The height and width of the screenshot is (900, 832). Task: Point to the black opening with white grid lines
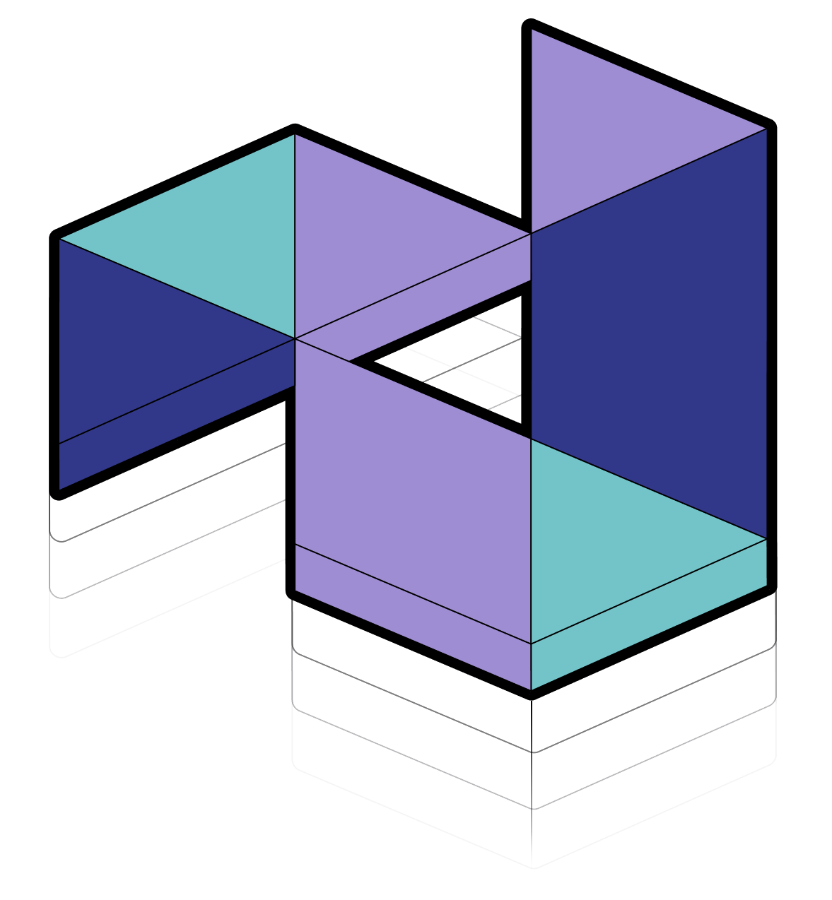coord(467,367)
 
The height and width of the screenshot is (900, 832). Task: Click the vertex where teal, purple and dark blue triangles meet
coord(294,338)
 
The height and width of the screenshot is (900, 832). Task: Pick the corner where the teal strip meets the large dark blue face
coord(767,539)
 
